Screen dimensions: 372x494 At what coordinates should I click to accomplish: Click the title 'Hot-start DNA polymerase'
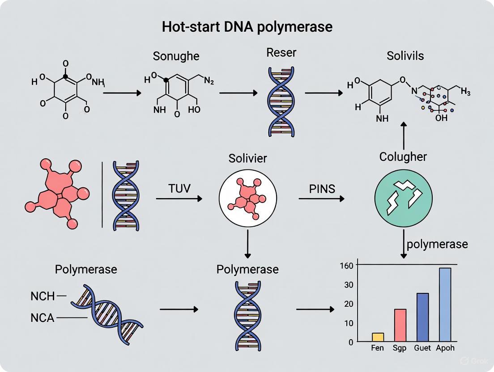247,26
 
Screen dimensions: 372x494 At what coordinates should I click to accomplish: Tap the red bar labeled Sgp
400,325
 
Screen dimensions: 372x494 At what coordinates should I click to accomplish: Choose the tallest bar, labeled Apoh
445,304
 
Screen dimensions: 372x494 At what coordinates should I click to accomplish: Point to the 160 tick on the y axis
349,265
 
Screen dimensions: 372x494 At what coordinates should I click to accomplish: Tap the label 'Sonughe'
176,56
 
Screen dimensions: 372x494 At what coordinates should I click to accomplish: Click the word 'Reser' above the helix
281,52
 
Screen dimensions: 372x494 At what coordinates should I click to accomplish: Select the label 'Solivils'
405,56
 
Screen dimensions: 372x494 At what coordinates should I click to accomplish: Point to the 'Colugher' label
403,157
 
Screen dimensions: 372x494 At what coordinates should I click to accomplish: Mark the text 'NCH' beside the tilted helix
43,296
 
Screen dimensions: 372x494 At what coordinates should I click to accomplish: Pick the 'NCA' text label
43,318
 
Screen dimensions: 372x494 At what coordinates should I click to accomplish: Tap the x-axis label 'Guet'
423,348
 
